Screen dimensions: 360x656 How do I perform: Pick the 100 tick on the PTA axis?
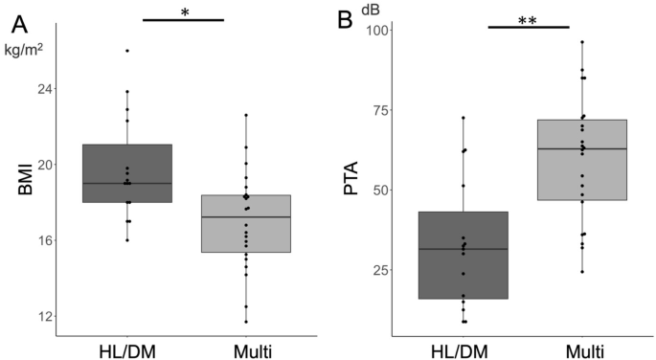(x=375, y=31)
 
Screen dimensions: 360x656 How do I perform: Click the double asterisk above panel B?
(x=528, y=20)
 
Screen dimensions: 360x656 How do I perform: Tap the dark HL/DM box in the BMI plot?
(x=126, y=172)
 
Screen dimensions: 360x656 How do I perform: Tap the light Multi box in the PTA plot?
(x=582, y=159)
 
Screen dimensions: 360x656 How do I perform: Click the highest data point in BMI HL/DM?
(x=126, y=50)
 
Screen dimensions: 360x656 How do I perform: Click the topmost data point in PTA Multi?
(x=582, y=42)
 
